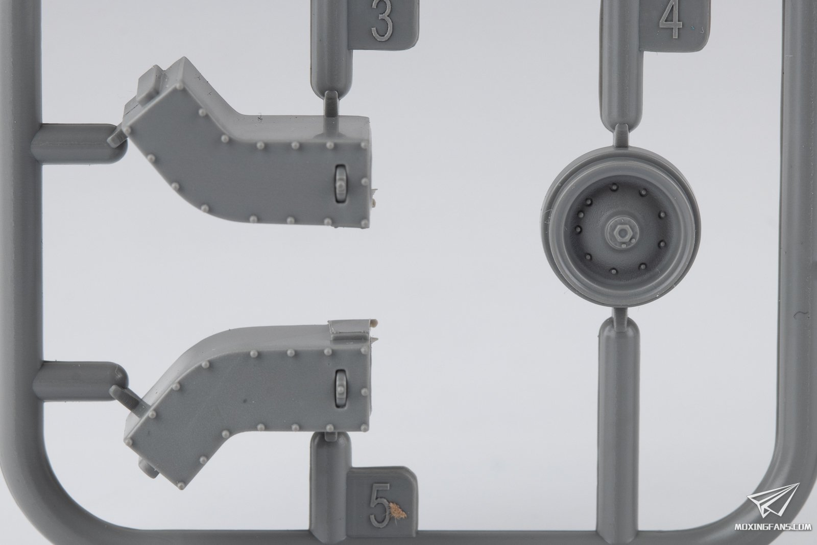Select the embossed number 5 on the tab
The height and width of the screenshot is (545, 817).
tap(380, 504)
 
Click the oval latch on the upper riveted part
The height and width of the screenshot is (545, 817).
tap(341, 183)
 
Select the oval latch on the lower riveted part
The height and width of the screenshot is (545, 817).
tap(340, 387)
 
